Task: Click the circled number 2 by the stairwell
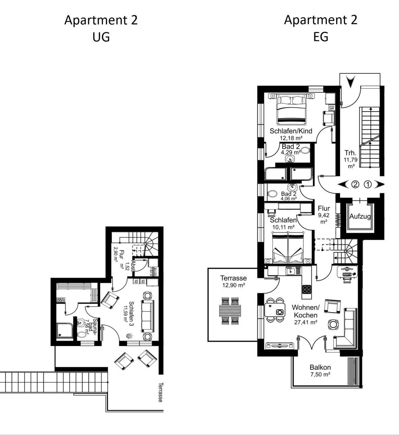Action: click(355, 184)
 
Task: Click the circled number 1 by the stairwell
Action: click(368, 184)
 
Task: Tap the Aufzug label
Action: click(360, 216)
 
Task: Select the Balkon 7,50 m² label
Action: click(320, 371)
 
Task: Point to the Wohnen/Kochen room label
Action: click(306, 311)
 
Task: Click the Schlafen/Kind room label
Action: click(291, 131)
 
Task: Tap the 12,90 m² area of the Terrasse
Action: click(234, 285)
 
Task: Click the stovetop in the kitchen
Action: click(307, 289)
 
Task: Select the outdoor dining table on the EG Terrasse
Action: click(230, 311)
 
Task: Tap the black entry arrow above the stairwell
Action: click(351, 82)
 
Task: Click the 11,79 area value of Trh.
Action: click(350, 160)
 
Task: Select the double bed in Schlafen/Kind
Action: click(291, 109)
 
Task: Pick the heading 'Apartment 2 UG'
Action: click(101, 28)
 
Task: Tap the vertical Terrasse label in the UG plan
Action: click(161, 392)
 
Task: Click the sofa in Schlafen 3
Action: click(147, 316)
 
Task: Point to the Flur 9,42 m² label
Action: click(324, 215)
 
